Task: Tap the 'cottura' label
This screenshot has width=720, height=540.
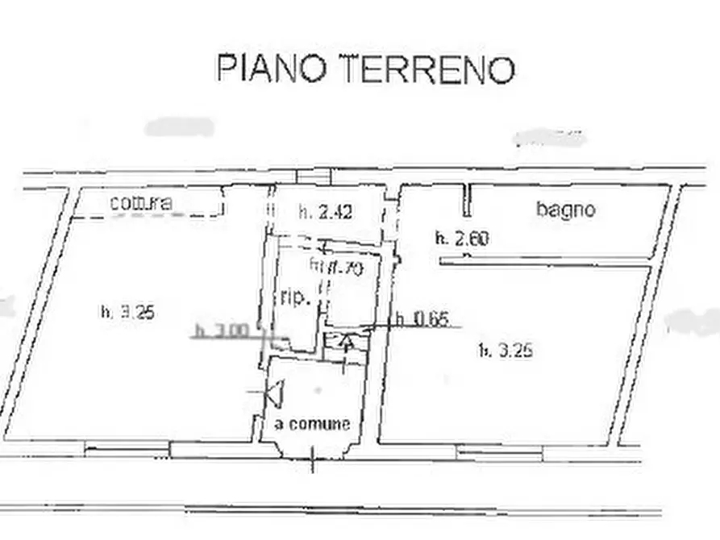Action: tap(141, 203)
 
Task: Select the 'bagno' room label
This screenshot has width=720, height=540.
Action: tap(566, 210)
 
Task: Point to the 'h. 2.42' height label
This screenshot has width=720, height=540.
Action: tap(325, 213)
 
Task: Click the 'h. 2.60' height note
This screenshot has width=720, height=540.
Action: tap(463, 238)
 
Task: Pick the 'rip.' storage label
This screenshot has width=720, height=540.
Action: tap(296, 298)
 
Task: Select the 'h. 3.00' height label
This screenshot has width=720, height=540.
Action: tap(217, 330)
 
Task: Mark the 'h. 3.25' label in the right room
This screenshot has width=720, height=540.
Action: tap(506, 350)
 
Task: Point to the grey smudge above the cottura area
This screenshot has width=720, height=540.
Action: tap(179, 127)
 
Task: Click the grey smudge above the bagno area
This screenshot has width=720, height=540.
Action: tap(551, 137)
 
